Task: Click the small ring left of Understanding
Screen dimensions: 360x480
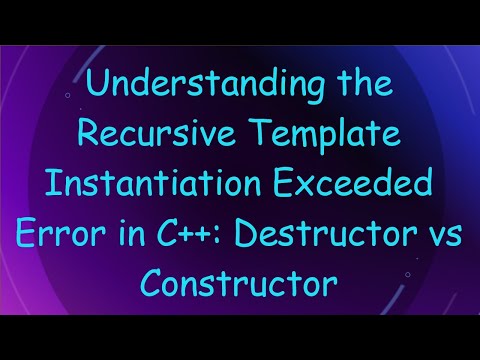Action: pyautogui.click(x=66, y=96)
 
